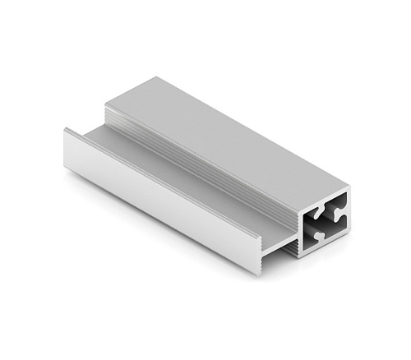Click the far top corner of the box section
[155, 78]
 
